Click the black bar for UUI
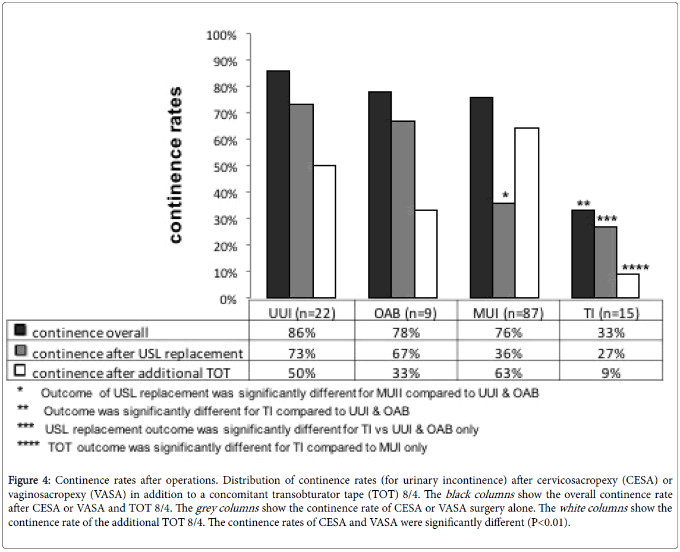click(x=278, y=184)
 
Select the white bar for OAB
click(x=426, y=254)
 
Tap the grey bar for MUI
click(x=504, y=250)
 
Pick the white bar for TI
click(x=628, y=286)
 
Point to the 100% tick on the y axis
click(x=221, y=35)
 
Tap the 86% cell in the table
click(x=303, y=333)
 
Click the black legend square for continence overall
click(x=20, y=332)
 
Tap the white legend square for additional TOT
click(x=20, y=373)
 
